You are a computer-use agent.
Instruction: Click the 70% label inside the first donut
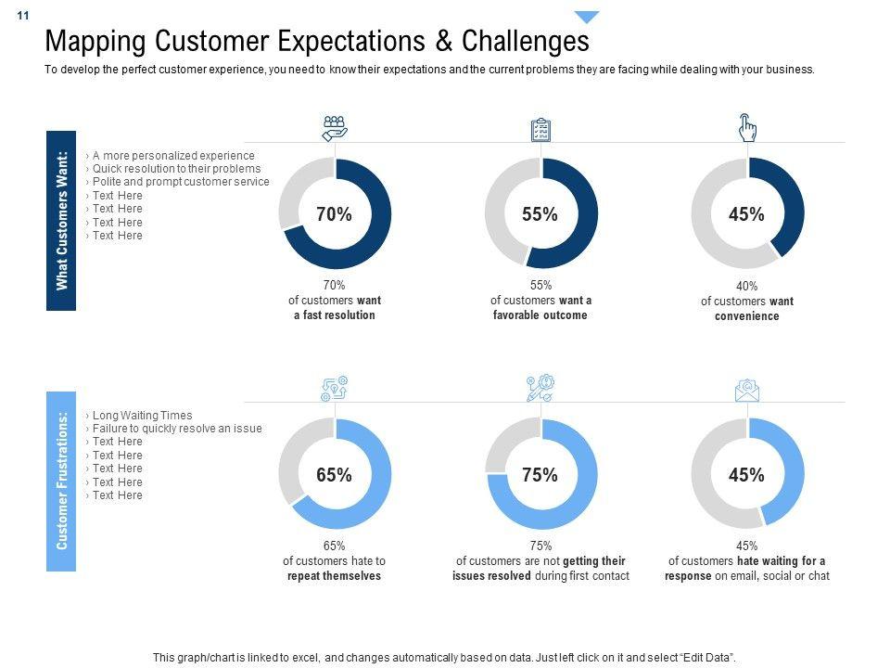pos(334,214)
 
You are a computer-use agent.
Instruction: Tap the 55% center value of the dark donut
pos(540,214)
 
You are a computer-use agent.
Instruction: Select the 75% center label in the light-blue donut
pos(540,475)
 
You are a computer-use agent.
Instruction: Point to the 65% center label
pos(334,475)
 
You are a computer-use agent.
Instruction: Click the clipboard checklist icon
pos(540,129)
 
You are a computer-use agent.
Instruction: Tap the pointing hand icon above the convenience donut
pos(747,128)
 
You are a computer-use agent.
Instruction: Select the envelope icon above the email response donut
pos(747,391)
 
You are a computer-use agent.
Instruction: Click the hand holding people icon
pos(334,127)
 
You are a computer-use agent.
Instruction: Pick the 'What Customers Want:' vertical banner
pos(61,220)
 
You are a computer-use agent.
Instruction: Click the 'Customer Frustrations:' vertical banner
pos(61,481)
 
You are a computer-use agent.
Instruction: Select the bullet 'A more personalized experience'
pos(173,156)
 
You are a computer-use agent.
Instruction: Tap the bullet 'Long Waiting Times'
pos(142,416)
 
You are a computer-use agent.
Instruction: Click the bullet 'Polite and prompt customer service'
pos(181,182)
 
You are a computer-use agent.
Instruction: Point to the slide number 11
pos(23,16)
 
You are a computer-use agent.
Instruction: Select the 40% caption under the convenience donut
pos(746,287)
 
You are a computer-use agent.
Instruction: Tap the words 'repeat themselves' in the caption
pos(334,576)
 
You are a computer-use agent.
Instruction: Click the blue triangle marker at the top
pos(587,17)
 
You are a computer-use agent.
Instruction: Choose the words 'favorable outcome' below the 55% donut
pos(540,315)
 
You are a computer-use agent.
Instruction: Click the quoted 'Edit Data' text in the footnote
pos(706,657)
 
